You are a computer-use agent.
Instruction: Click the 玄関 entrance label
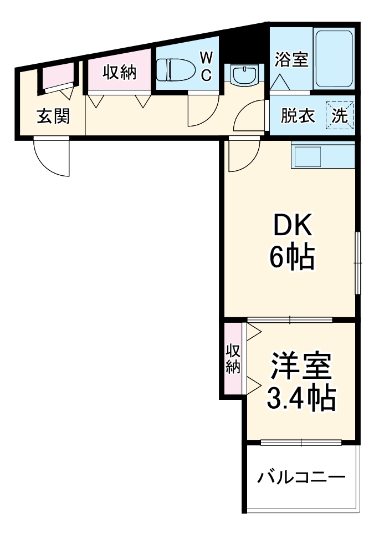53,116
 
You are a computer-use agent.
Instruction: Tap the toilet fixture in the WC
174,71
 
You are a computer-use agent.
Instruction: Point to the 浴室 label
291,60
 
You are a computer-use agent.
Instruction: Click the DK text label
291,227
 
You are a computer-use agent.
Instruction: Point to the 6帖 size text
291,256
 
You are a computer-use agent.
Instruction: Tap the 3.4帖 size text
301,397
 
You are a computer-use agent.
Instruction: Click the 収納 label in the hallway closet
119,72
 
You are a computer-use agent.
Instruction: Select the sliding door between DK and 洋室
290,319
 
